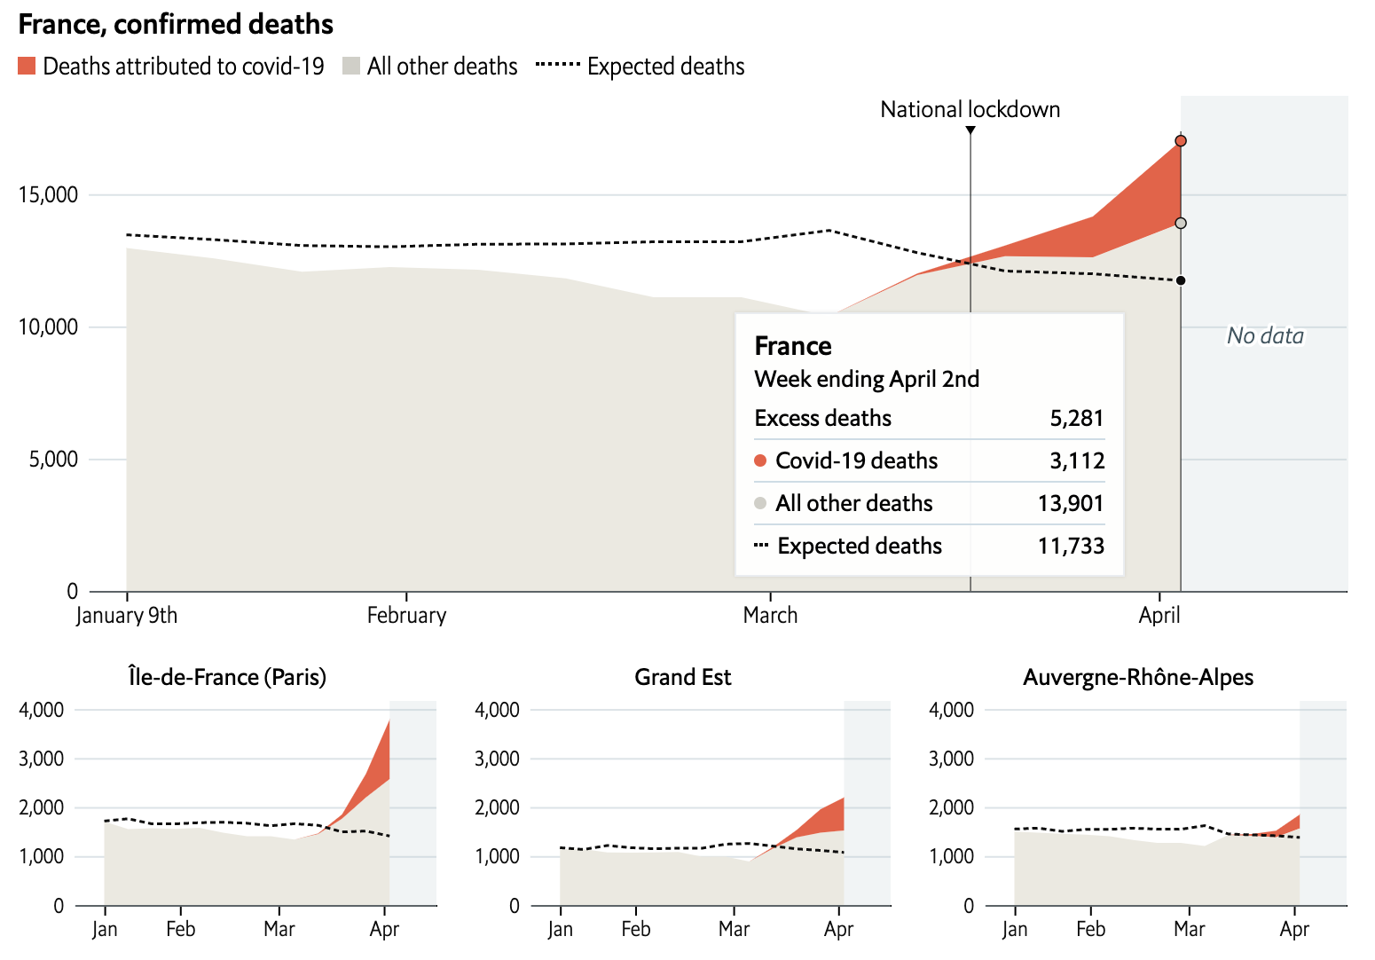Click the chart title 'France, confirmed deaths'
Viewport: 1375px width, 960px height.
tap(176, 24)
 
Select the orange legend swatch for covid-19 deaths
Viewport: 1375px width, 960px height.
tap(27, 67)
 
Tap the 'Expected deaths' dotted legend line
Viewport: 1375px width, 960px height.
tap(558, 66)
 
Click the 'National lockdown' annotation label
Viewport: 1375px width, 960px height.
tap(970, 109)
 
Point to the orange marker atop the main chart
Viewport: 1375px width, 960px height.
tap(1181, 141)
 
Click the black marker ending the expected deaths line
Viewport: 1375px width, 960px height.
tap(1181, 281)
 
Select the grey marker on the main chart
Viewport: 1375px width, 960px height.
tap(1181, 224)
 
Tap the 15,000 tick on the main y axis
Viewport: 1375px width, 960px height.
tap(48, 194)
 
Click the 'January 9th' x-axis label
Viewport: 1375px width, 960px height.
tap(127, 616)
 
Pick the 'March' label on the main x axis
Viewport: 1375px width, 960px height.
tap(770, 616)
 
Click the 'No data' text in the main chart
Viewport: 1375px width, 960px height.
tap(1265, 335)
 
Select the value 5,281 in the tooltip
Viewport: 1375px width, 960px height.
tap(1077, 418)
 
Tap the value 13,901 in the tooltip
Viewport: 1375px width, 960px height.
tap(1071, 503)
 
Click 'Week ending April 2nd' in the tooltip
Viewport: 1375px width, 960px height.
tap(867, 379)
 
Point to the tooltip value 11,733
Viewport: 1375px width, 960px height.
tap(1071, 546)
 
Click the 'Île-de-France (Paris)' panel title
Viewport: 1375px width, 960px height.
tap(227, 677)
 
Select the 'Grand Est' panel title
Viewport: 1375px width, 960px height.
tap(682, 677)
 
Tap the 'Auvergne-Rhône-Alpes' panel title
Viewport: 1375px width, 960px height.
tap(1138, 677)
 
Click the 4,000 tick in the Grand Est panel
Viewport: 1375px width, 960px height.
tap(497, 710)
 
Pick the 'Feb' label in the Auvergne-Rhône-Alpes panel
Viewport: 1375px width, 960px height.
tap(1090, 929)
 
